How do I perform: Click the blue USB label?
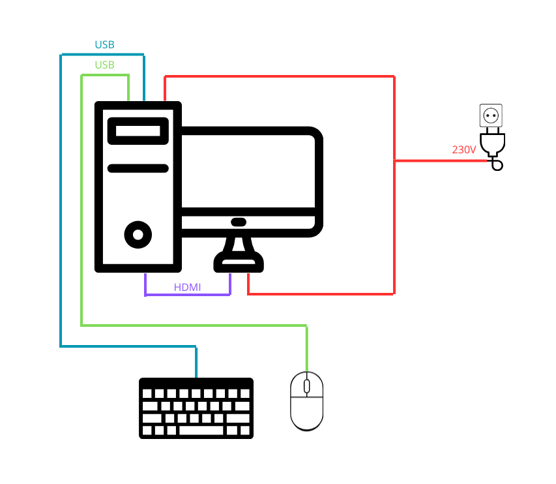(x=104, y=45)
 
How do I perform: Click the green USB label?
(x=104, y=65)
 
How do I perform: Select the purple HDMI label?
(x=187, y=287)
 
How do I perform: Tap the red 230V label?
(x=463, y=149)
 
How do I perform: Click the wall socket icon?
(x=491, y=115)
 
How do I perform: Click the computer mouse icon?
(x=306, y=401)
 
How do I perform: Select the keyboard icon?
(x=196, y=408)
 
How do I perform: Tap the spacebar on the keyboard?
(x=200, y=431)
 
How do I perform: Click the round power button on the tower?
(x=138, y=234)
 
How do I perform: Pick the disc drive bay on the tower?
(x=138, y=130)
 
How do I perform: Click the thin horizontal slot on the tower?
(x=138, y=168)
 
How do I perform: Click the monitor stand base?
(x=239, y=264)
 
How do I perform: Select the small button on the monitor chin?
(x=239, y=222)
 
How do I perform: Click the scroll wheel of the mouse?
(x=306, y=386)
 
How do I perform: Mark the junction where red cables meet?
(x=394, y=160)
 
